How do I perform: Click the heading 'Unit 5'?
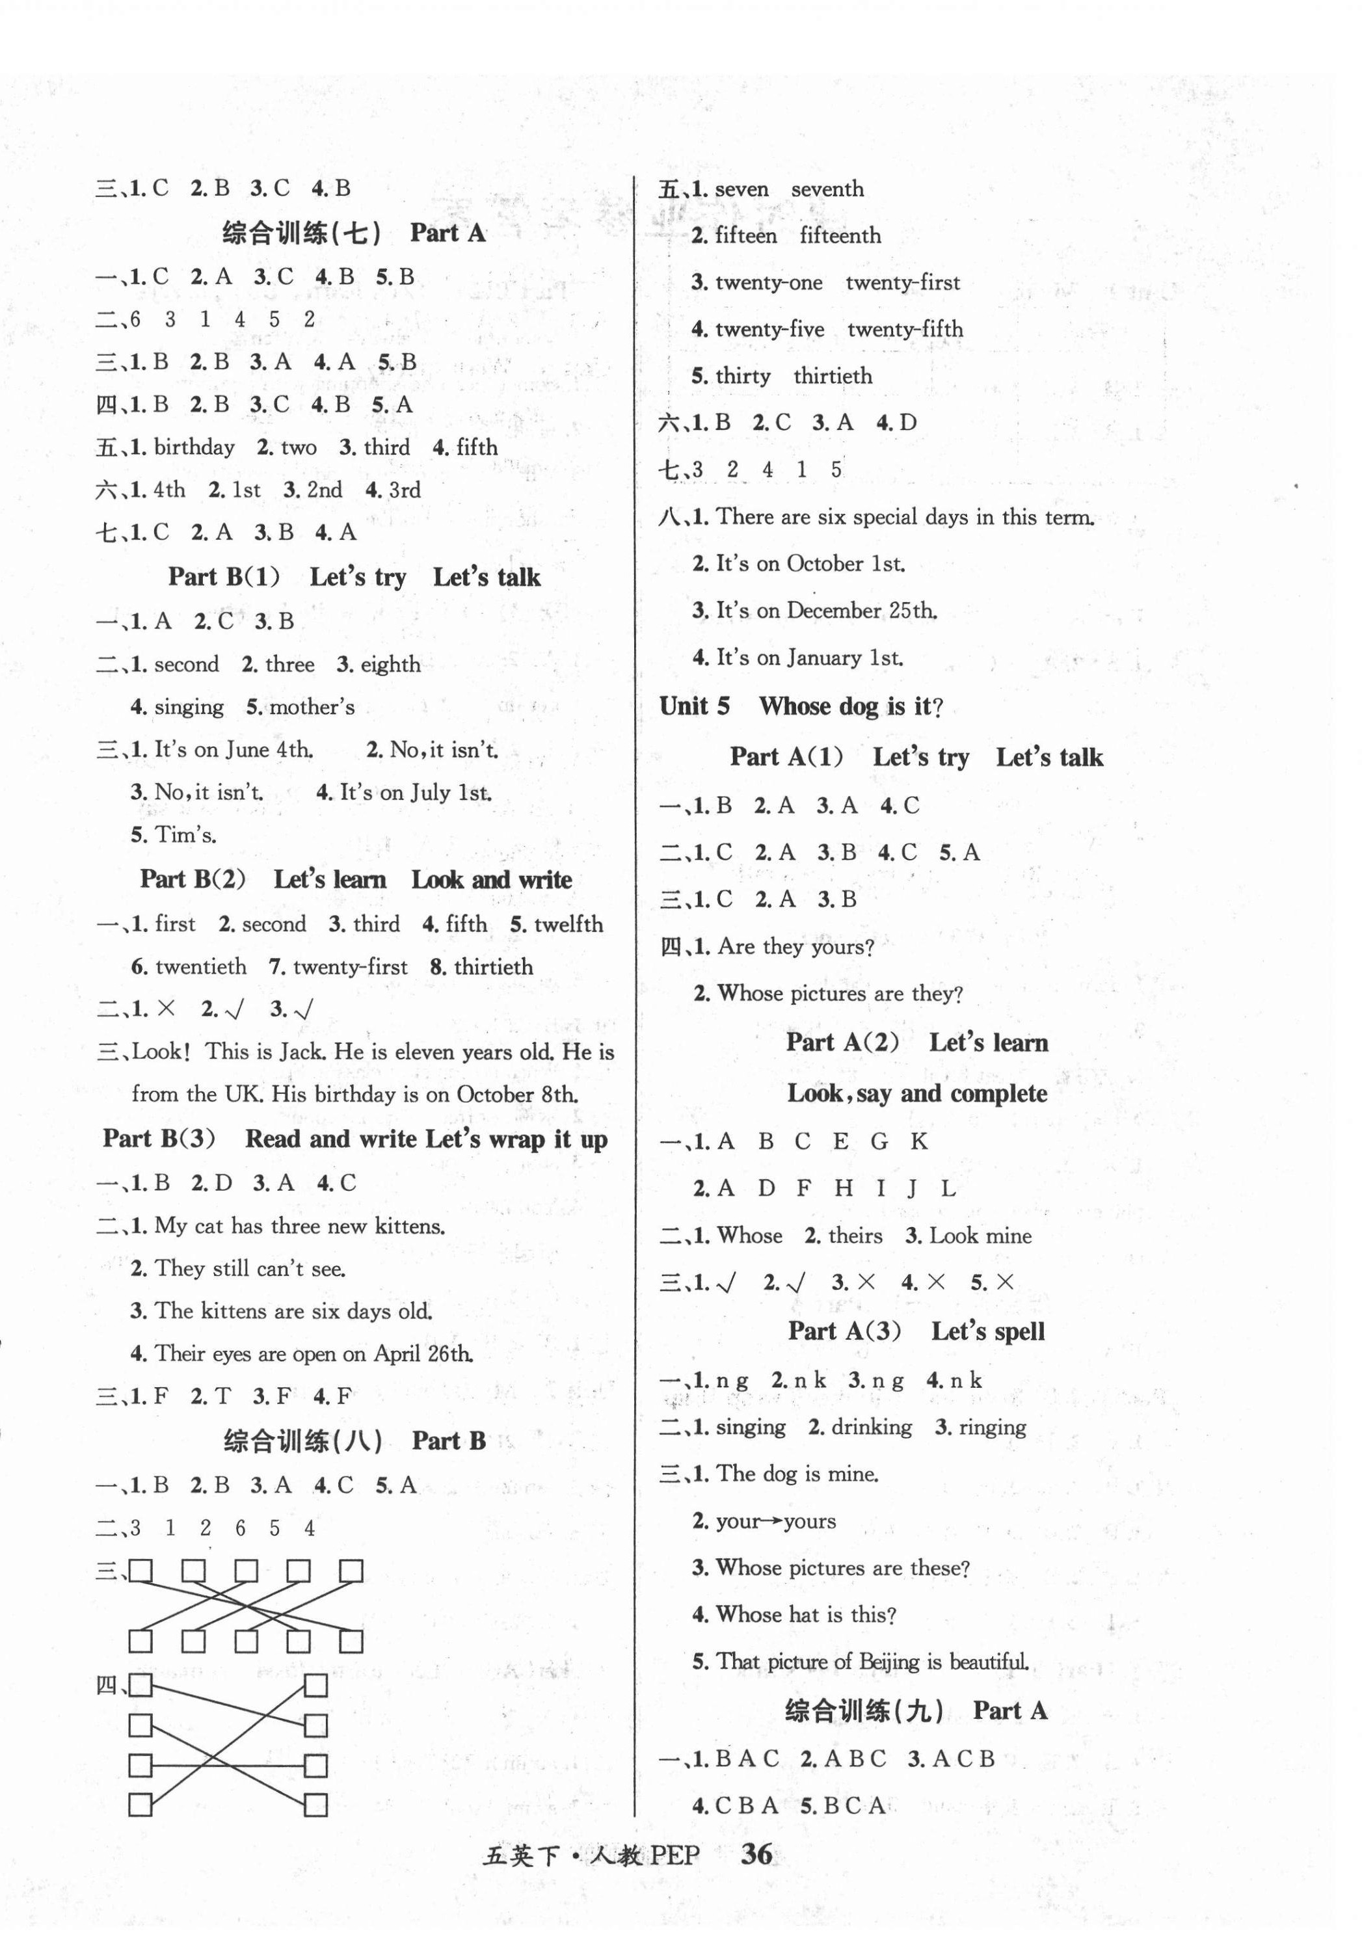[695, 706]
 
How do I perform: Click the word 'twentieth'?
[201, 966]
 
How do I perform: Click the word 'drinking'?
[871, 1427]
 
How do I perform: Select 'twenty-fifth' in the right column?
[905, 330]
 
